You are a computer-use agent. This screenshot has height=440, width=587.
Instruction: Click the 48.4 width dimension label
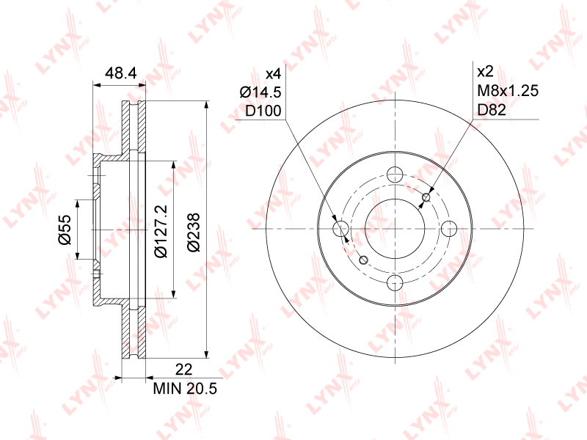[120, 73]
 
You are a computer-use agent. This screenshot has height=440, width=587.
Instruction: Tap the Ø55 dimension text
[65, 230]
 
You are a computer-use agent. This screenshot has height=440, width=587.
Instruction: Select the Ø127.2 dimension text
[161, 231]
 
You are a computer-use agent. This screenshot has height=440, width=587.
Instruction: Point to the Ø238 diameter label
[194, 232]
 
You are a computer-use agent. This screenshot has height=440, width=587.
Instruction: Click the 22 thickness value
[184, 370]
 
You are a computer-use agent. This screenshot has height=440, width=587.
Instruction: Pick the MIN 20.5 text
[185, 389]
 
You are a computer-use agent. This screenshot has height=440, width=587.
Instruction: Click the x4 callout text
[273, 74]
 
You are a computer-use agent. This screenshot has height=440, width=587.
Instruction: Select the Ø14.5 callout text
[260, 92]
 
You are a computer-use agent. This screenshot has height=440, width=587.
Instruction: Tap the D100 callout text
[263, 111]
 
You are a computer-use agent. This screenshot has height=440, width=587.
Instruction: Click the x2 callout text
[486, 71]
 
